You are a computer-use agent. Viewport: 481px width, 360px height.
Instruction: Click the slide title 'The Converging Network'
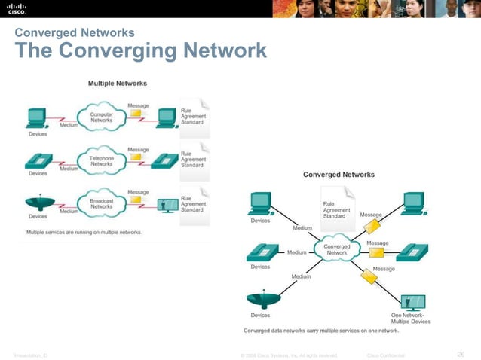tap(141, 51)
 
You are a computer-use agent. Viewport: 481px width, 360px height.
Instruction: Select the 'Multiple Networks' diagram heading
tap(118, 83)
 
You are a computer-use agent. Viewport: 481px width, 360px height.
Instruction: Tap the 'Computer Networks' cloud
tap(102, 117)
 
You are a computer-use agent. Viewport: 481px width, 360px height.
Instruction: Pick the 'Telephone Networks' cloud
tap(102, 160)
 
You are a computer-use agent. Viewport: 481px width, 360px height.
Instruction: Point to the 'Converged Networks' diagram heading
tap(339, 175)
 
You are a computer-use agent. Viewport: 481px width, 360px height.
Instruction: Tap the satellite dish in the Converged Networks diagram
tap(261, 299)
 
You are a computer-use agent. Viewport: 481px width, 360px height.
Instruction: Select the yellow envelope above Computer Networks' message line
tap(136, 114)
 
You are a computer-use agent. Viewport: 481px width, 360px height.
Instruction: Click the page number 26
tap(461, 355)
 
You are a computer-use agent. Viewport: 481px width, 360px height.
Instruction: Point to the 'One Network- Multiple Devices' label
tap(411, 318)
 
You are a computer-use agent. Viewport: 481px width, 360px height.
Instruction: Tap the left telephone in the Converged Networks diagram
tap(261, 252)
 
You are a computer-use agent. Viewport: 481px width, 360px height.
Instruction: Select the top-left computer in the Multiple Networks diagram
tap(35, 117)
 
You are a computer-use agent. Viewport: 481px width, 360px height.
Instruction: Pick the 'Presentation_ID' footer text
tap(27, 355)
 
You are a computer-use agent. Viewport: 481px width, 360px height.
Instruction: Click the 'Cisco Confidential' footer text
tap(385, 355)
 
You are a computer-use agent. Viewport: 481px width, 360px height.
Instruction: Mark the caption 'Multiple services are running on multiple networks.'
tap(84, 232)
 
